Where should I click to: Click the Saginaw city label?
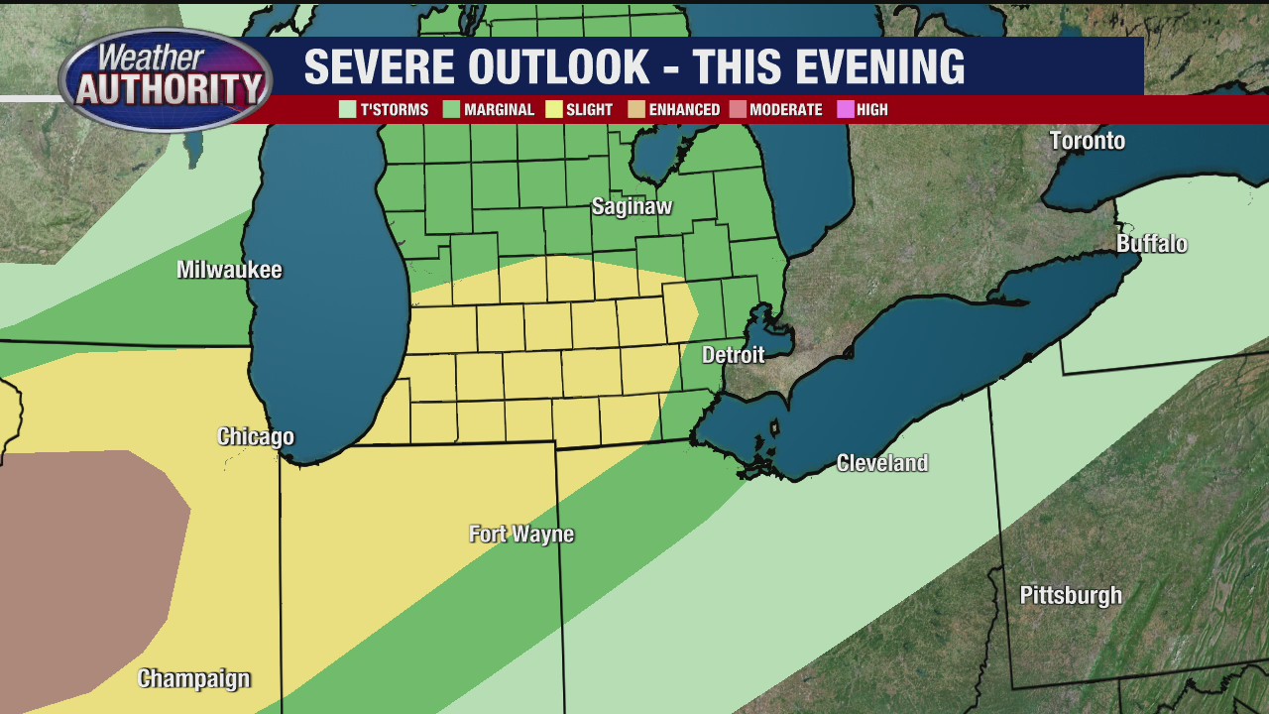coord(632,207)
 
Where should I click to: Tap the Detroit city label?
coord(734,355)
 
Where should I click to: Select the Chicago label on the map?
coord(256,437)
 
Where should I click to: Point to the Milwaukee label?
coord(229,271)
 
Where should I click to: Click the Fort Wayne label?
coord(521,535)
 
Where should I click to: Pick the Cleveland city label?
coord(881,463)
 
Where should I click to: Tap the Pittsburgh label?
coord(1071,596)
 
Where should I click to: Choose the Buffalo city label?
coord(1151,244)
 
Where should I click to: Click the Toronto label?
coord(1088,141)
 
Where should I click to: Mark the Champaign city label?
coord(193,679)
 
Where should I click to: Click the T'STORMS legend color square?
coord(347,110)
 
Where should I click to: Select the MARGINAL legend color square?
coord(451,110)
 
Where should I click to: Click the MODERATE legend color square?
coord(738,110)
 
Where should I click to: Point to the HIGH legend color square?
coord(845,110)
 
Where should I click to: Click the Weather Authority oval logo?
coord(166,79)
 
